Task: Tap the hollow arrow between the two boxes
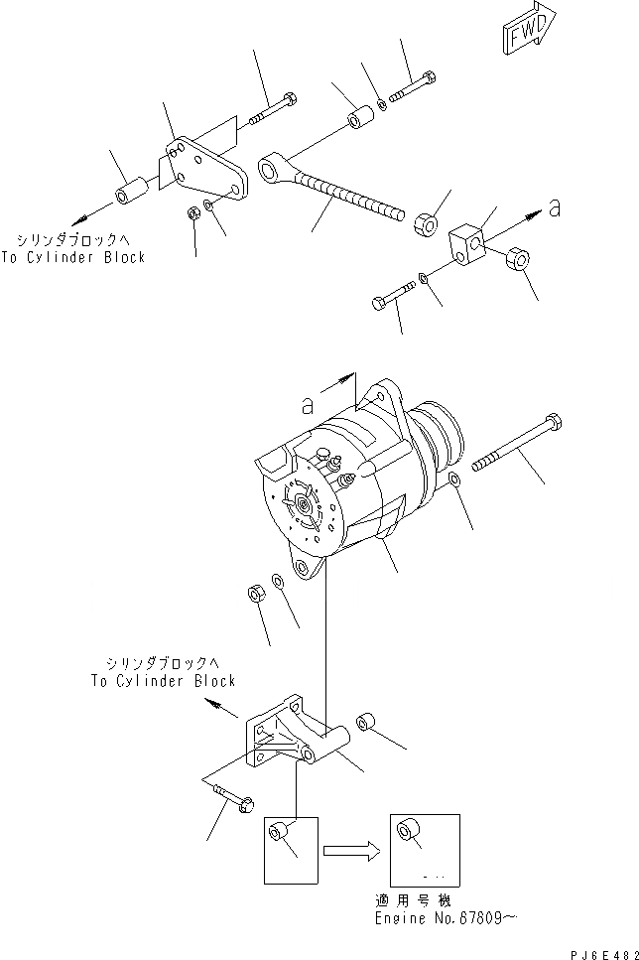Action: click(352, 849)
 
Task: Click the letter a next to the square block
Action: click(555, 208)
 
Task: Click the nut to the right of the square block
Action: click(515, 262)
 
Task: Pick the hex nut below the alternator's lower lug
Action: click(254, 595)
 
